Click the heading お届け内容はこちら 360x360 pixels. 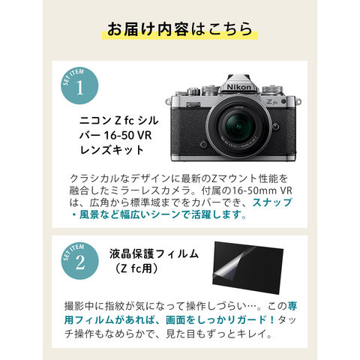click(x=180, y=29)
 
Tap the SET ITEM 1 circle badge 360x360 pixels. click(x=79, y=86)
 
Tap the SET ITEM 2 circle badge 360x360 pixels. click(x=79, y=261)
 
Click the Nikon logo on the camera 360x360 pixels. click(x=238, y=87)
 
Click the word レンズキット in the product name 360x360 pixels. click(x=112, y=150)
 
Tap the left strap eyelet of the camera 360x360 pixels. click(x=168, y=102)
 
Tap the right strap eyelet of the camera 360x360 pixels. click(x=298, y=102)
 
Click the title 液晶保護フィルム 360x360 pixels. click(x=154, y=253)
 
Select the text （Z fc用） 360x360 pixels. click(x=136, y=268)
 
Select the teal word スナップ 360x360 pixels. click(x=272, y=202)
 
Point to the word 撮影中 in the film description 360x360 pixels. click(x=79, y=306)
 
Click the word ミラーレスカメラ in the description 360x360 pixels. click(x=150, y=190)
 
